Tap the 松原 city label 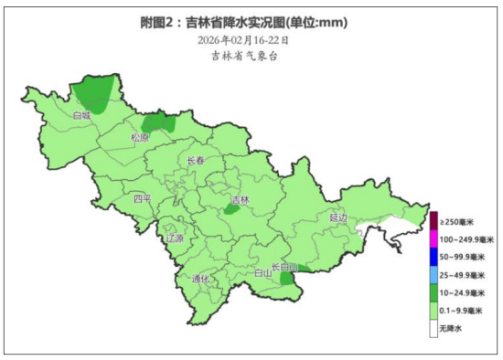point(140,138)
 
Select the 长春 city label point(196,161)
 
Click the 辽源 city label point(174,238)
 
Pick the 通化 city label point(200,279)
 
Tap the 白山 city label point(262,272)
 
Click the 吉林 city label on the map point(240,199)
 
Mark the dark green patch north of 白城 point(96,92)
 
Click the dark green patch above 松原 point(158,122)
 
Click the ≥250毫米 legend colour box point(433,222)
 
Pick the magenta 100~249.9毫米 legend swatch point(433,239)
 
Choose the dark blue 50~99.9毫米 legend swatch point(433,257)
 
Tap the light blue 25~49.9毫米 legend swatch point(433,275)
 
